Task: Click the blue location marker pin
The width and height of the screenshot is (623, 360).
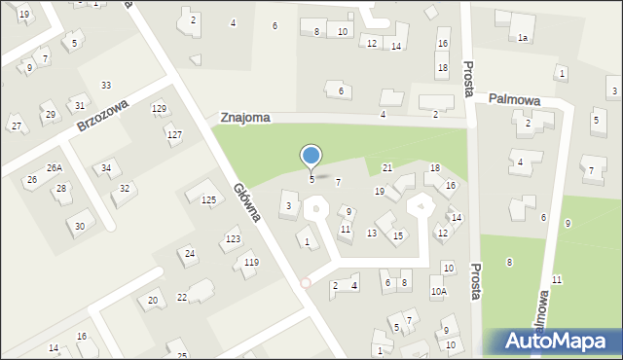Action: point(311,157)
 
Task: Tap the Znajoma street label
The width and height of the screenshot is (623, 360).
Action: point(244,117)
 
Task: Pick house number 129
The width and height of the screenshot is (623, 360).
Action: point(159,108)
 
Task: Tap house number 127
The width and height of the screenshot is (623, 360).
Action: point(174,134)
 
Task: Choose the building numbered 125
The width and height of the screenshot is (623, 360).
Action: point(208,199)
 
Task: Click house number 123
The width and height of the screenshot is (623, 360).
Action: point(233,238)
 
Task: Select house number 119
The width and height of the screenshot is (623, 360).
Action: point(251,263)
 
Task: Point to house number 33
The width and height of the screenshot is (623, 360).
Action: point(105,86)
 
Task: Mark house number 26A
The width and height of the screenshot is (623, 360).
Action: point(55,168)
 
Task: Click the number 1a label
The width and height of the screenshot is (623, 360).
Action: point(523,38)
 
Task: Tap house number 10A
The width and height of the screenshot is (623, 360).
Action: point(439,291)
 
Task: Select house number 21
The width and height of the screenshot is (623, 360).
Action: point(387,168)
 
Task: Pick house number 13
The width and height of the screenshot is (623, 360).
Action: point(372,234)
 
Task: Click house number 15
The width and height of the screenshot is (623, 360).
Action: point(398,235)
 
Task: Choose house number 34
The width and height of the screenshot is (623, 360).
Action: point(106,168)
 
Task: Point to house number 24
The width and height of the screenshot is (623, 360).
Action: point(190,254)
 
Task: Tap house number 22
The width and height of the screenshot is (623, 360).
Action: point(182,297)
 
